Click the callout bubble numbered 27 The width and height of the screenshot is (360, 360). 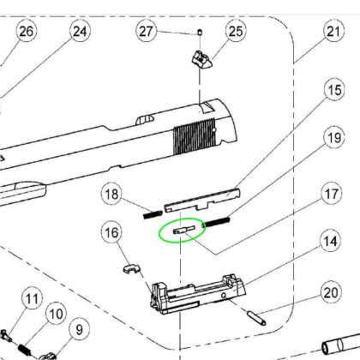tap(147, 31)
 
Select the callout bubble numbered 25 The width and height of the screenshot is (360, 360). tap(236, 31)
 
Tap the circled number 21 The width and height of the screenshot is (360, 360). tap(333, 31)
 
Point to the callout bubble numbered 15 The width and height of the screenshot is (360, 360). tap(334, 90)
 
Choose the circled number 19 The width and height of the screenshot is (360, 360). tap(334, 138)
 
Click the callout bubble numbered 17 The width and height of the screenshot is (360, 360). tap(332, 194)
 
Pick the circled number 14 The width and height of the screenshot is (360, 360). tap(330, 242)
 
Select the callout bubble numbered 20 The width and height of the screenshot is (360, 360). tap(331, 292)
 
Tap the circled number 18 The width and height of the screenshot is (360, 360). tap(111, 195)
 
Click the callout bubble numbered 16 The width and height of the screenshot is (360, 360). tap(111, 232)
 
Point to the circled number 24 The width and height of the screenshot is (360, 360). tap(80, 31)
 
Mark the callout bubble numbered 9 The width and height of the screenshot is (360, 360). tap(79, 330)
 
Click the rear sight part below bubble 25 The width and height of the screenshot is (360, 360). tap(202, 60)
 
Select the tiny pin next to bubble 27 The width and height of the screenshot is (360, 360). tap(200, 32)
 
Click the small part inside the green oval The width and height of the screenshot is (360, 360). tap(184, 230)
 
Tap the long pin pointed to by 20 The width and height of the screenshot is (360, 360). tap(256, 318)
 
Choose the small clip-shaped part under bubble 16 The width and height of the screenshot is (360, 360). tap(132, 268)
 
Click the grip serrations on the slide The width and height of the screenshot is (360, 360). tap(195, 136)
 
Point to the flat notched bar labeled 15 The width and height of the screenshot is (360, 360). tap(202, 201)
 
